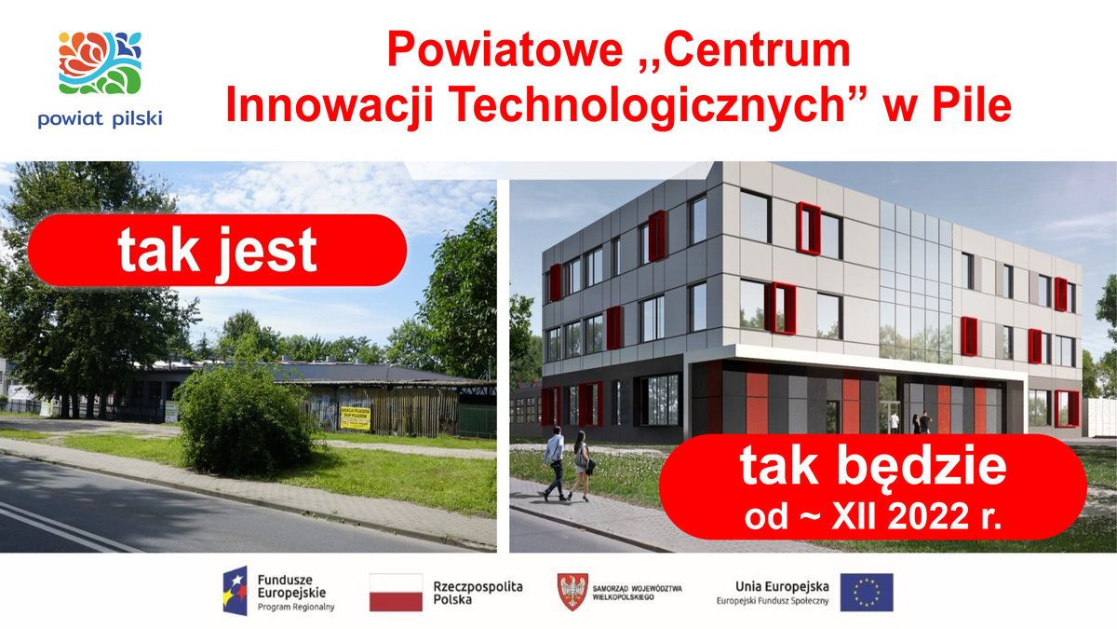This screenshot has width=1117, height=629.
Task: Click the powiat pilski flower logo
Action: coord(101,62)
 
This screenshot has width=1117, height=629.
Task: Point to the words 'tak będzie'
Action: coord(872,468)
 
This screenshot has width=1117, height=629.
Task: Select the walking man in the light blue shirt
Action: coord(555,461)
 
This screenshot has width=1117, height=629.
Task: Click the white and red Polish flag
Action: coord(396,592)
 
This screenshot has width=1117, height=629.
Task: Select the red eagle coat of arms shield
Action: coord(571,591)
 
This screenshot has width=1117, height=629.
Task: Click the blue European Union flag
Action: coord(866,592)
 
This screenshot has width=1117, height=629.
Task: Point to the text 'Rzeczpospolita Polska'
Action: coord(478,593)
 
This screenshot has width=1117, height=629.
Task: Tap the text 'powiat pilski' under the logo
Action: coord(101,118)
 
